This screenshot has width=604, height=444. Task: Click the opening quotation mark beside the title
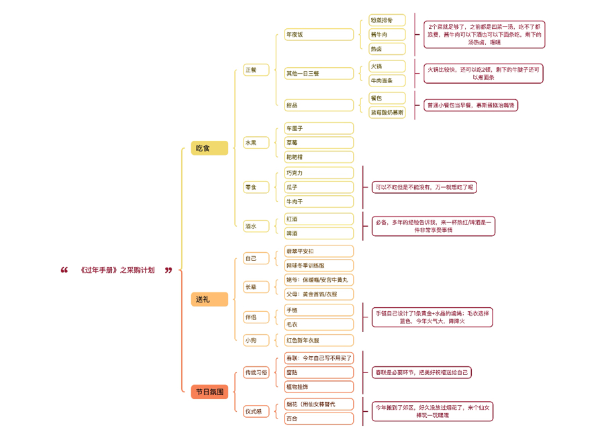pyautogui.click(x=64, y=270)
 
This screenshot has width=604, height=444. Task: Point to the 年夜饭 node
pyautogui.click(x=318, y=34)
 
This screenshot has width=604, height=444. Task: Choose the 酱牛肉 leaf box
pyautogui.click(x=387, y=34)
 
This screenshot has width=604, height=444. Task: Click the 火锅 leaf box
pyautogui.click(x=387, y=66)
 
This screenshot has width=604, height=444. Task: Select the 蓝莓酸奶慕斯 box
pyautogui.click(x=387, y=112)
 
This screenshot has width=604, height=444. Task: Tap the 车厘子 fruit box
pyautogui.click(x=318, y=128)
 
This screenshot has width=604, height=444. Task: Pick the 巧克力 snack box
pyautogui.click(x=318, y=173)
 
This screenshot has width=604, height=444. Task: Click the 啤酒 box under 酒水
pyautogui.click(x=318, y=233)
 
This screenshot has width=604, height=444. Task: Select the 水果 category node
pyautogui.click(x=255, y=143)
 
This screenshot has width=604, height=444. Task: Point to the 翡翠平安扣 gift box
pyautogui.click(x=318, y=251)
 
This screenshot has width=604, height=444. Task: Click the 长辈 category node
pyautogui.click(x=255, y=287)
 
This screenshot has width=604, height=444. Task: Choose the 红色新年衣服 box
pyautogui.click(x=318, y=340)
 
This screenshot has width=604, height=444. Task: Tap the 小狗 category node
pyautogui.click(x=255, y=340)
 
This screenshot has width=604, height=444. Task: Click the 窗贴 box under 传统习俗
pyautogui.click(x=318, y=372)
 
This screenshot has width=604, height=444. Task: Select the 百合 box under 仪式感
pyautogui.click(x=318, y=419)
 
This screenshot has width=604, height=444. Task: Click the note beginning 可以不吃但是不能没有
pyautogui.click(x=424, y=187)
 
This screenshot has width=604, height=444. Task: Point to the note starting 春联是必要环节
pyautogui.click(x=421, y=372)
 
